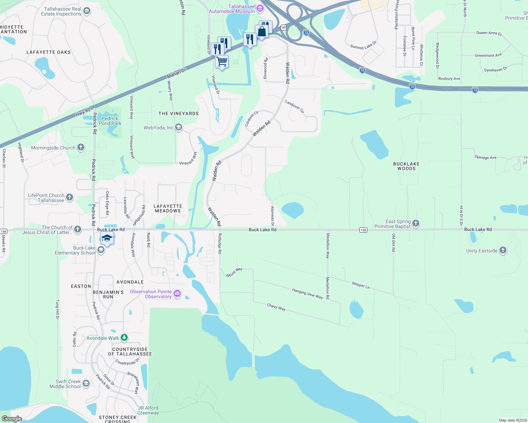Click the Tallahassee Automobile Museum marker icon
(x=260, y=8)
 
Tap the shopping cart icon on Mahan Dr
(x=222, y=62)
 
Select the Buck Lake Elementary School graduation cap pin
(x=107, y=238)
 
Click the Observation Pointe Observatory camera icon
(x=177, y=293)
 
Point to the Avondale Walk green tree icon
(x=124, y=338)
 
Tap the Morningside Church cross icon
(x=81, y=147)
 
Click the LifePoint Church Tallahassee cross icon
(x=70, y=197)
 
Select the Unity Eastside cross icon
(x=503, y=250)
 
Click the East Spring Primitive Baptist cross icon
(x=416, y=223)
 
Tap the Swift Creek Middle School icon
(x=86, y=384)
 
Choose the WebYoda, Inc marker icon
(x=179, y=127)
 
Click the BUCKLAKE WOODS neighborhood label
(x=406, y=166)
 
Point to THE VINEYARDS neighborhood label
(x=178, y=114)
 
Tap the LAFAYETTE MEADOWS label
(x=168, y=208)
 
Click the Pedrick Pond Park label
(x=110, y=121)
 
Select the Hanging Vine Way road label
(x=307, y=294)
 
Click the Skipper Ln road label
(x=361, y=285)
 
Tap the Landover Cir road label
(x=294, y=106)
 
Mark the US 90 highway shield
(x=284, y=27)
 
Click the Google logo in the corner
(x=12, y=418)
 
